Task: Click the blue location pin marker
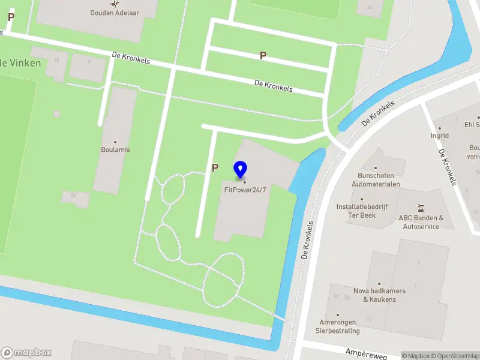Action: pos(241,169)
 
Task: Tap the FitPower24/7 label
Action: pos(245,190)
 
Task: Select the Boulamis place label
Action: pos(116,149)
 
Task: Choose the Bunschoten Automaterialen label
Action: pos(376,180)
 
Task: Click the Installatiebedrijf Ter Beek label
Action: pos(361,211)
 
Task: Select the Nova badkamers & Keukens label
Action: pos(379,295)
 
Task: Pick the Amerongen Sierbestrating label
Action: pos(338,326)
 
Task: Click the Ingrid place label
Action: pos(439,136)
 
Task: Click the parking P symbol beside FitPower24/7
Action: pos(215,169)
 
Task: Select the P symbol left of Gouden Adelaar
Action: pos(11,17)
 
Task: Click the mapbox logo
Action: pos(26,353)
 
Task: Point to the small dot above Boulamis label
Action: pos(116,142)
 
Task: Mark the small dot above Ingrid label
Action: pos(439,128)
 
